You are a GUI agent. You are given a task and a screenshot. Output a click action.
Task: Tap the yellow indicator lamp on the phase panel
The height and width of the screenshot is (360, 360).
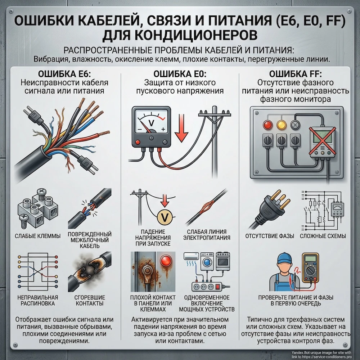(x=281, y=125)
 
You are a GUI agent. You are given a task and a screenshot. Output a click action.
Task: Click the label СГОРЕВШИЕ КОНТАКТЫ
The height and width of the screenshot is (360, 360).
(x=89, y=300)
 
